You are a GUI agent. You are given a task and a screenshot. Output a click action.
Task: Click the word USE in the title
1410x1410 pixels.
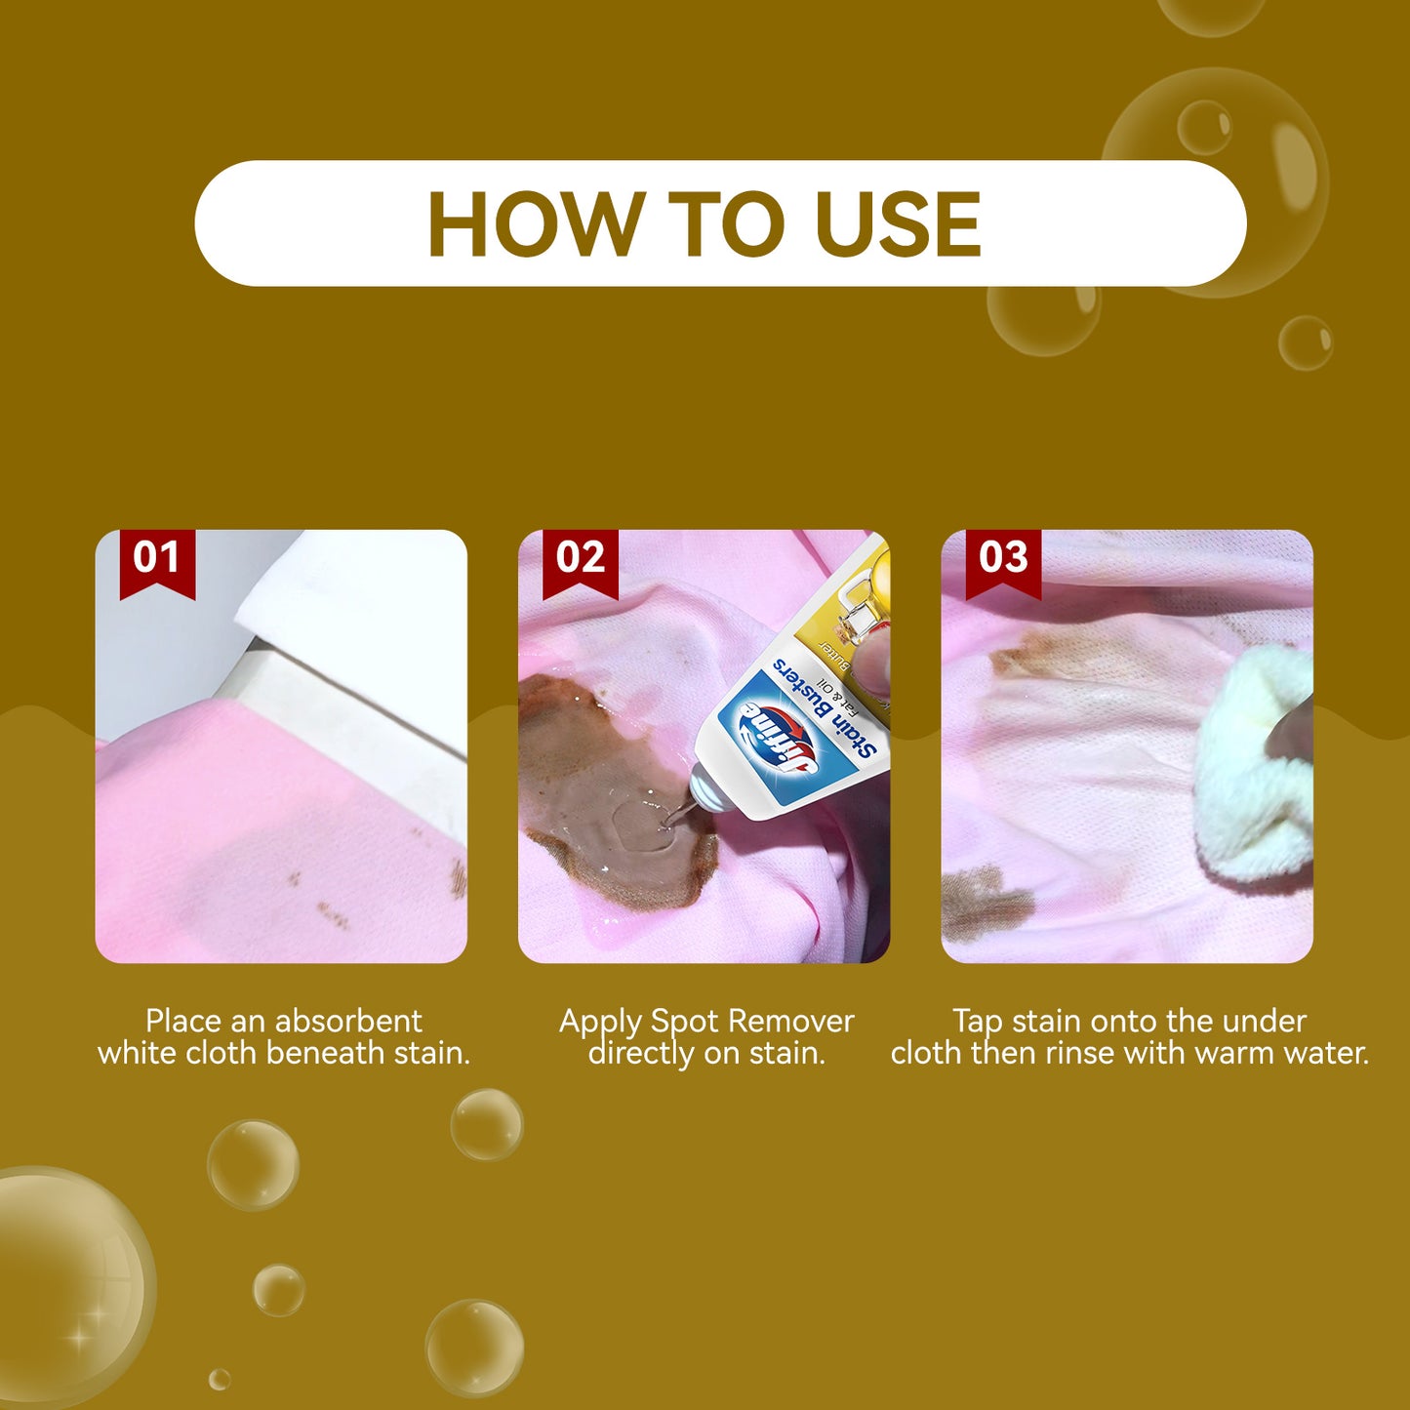[x=897, y=224]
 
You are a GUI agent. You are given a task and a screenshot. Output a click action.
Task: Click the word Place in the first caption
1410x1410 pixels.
[x=183, y=1021]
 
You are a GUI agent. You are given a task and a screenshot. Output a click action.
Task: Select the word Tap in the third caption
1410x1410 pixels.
[x=978, y=1021]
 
